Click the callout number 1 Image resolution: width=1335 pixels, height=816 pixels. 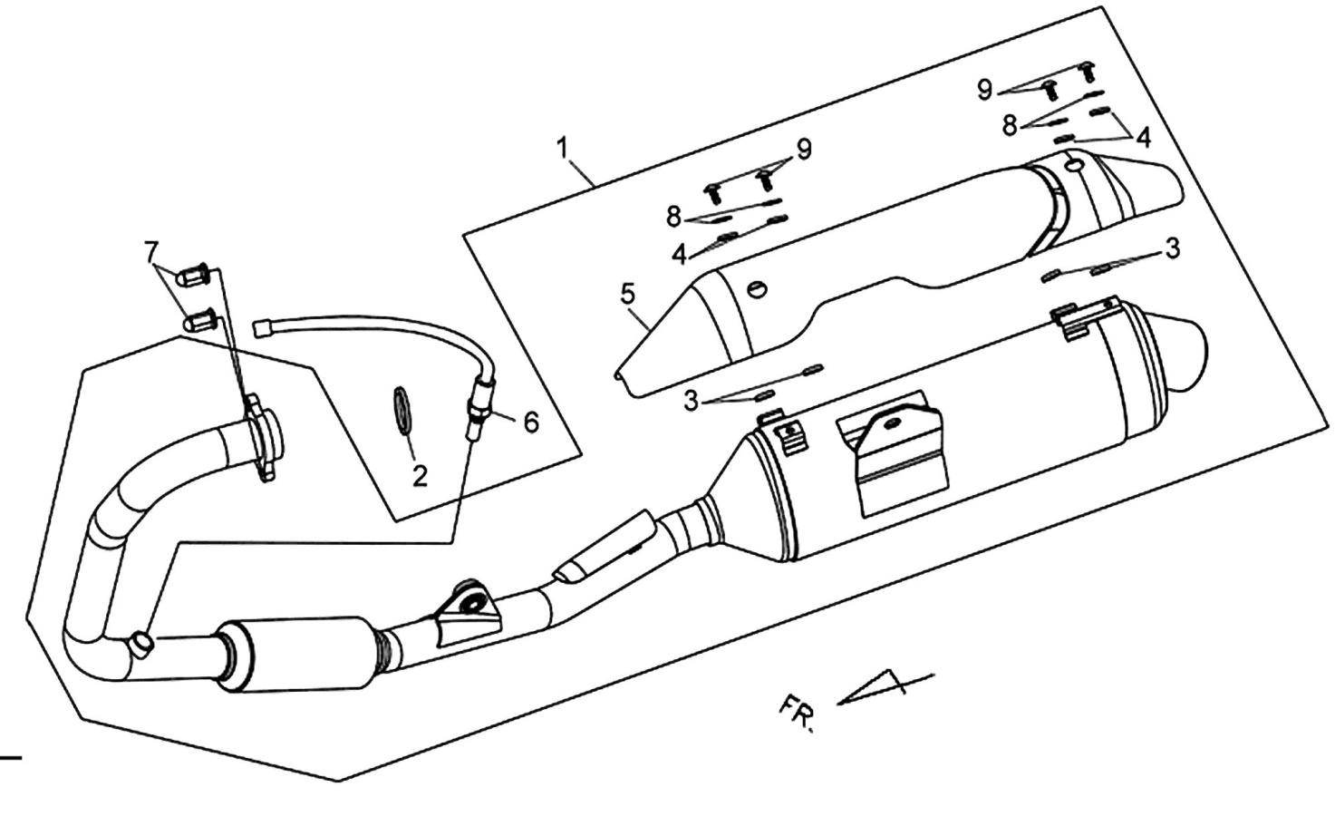coord(564,149)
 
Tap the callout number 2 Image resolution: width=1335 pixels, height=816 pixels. coord(420,476)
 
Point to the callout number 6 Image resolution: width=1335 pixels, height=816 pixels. coord(531,422)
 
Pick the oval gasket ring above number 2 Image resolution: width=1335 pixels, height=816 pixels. coord(402,410)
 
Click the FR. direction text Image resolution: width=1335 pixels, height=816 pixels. coord(797,713)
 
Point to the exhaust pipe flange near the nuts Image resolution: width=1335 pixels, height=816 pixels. coord(262,436)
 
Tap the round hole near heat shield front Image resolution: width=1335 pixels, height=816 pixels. coord(757,288)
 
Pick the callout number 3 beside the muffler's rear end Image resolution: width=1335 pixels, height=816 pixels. coord(1172,248)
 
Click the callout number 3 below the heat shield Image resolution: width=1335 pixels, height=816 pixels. coord(691,401)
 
